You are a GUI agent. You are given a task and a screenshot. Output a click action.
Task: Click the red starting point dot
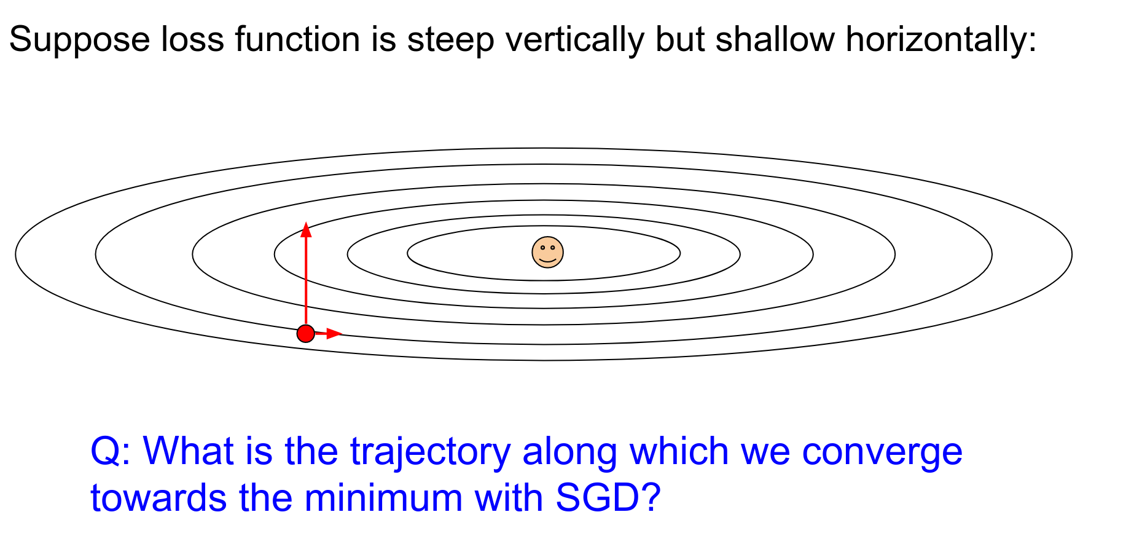click(306, 334)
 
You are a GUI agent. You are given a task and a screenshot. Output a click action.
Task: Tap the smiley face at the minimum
click(547, 252)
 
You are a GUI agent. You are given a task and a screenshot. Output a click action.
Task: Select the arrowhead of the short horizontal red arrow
click(334, 334)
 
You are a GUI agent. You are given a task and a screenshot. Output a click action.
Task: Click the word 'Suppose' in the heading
click(79, 40)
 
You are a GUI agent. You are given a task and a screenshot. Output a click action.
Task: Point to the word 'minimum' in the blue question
click(383, 498)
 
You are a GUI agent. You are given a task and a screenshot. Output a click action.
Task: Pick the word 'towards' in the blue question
click(158, 499)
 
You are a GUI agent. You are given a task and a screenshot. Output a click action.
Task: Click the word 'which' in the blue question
click(679, 451)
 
